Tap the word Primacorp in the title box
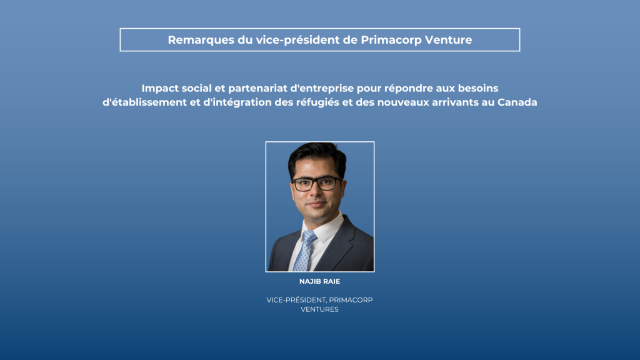(x=391, y=39)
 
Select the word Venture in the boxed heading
(x=449, y=39)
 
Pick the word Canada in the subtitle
(x=517, y=102)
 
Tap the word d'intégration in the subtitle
(x=237, y=102)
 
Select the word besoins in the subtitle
(x=478, y=88)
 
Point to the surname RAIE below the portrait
(x=331, y=281)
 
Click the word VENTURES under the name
(x=319, y=309)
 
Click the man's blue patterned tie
(x=304, y=251)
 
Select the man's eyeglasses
(x=317, y=184)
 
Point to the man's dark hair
(x=317, y=157)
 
